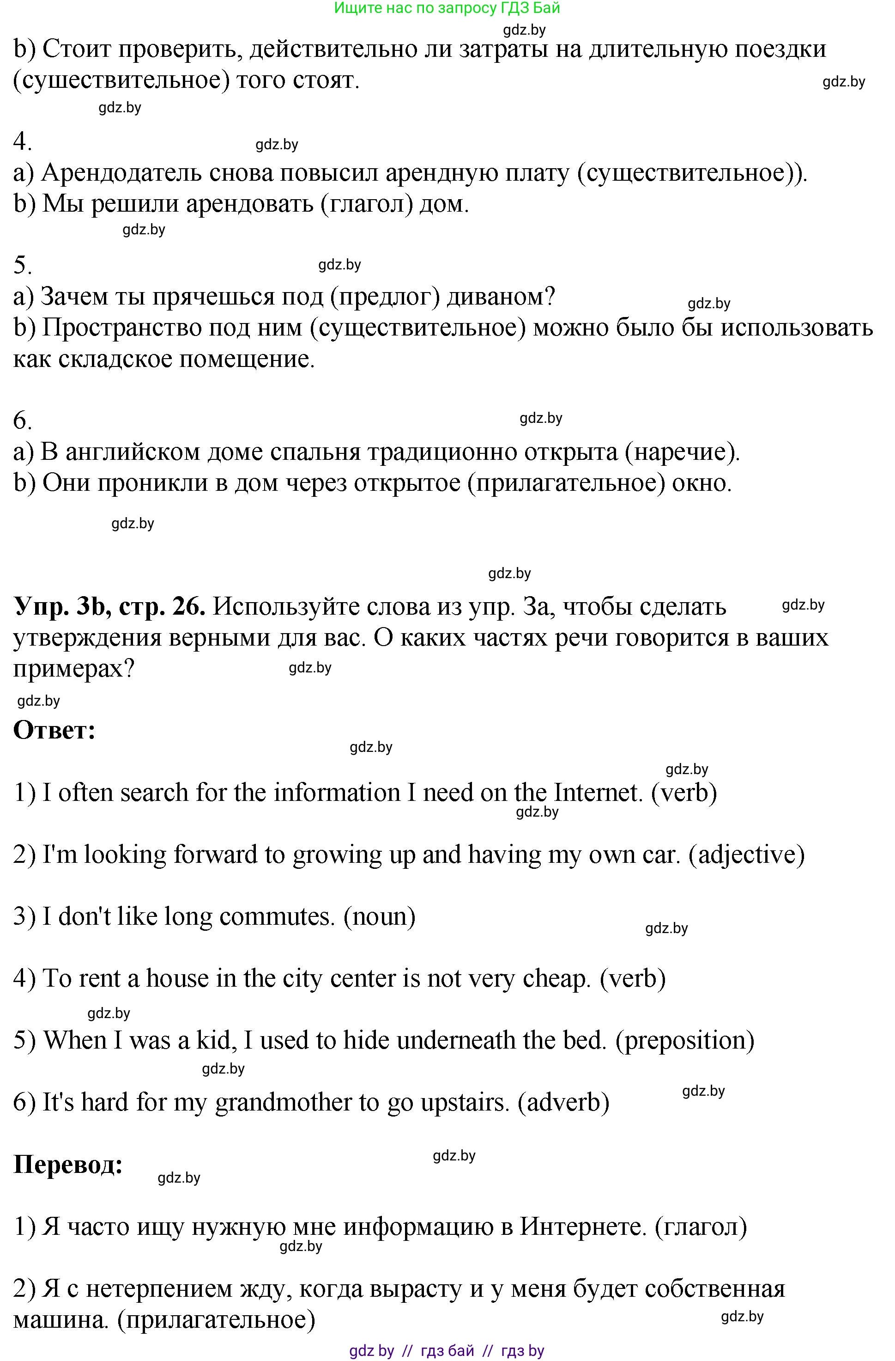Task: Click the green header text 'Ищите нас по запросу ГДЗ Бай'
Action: (x=447, y=8)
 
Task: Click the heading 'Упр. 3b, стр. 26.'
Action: (x=109, y=607)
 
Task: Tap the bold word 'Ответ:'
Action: (x=54, y=730)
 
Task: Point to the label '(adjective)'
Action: (x=747, y=855)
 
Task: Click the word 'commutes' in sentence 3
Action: (x=277, y=917)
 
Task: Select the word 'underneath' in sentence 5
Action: (x=456, y=1040)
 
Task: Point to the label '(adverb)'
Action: (x=563, y=1103)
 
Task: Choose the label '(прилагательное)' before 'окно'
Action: (x=566, y=483)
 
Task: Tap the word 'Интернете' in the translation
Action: (x=582, y=1227)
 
